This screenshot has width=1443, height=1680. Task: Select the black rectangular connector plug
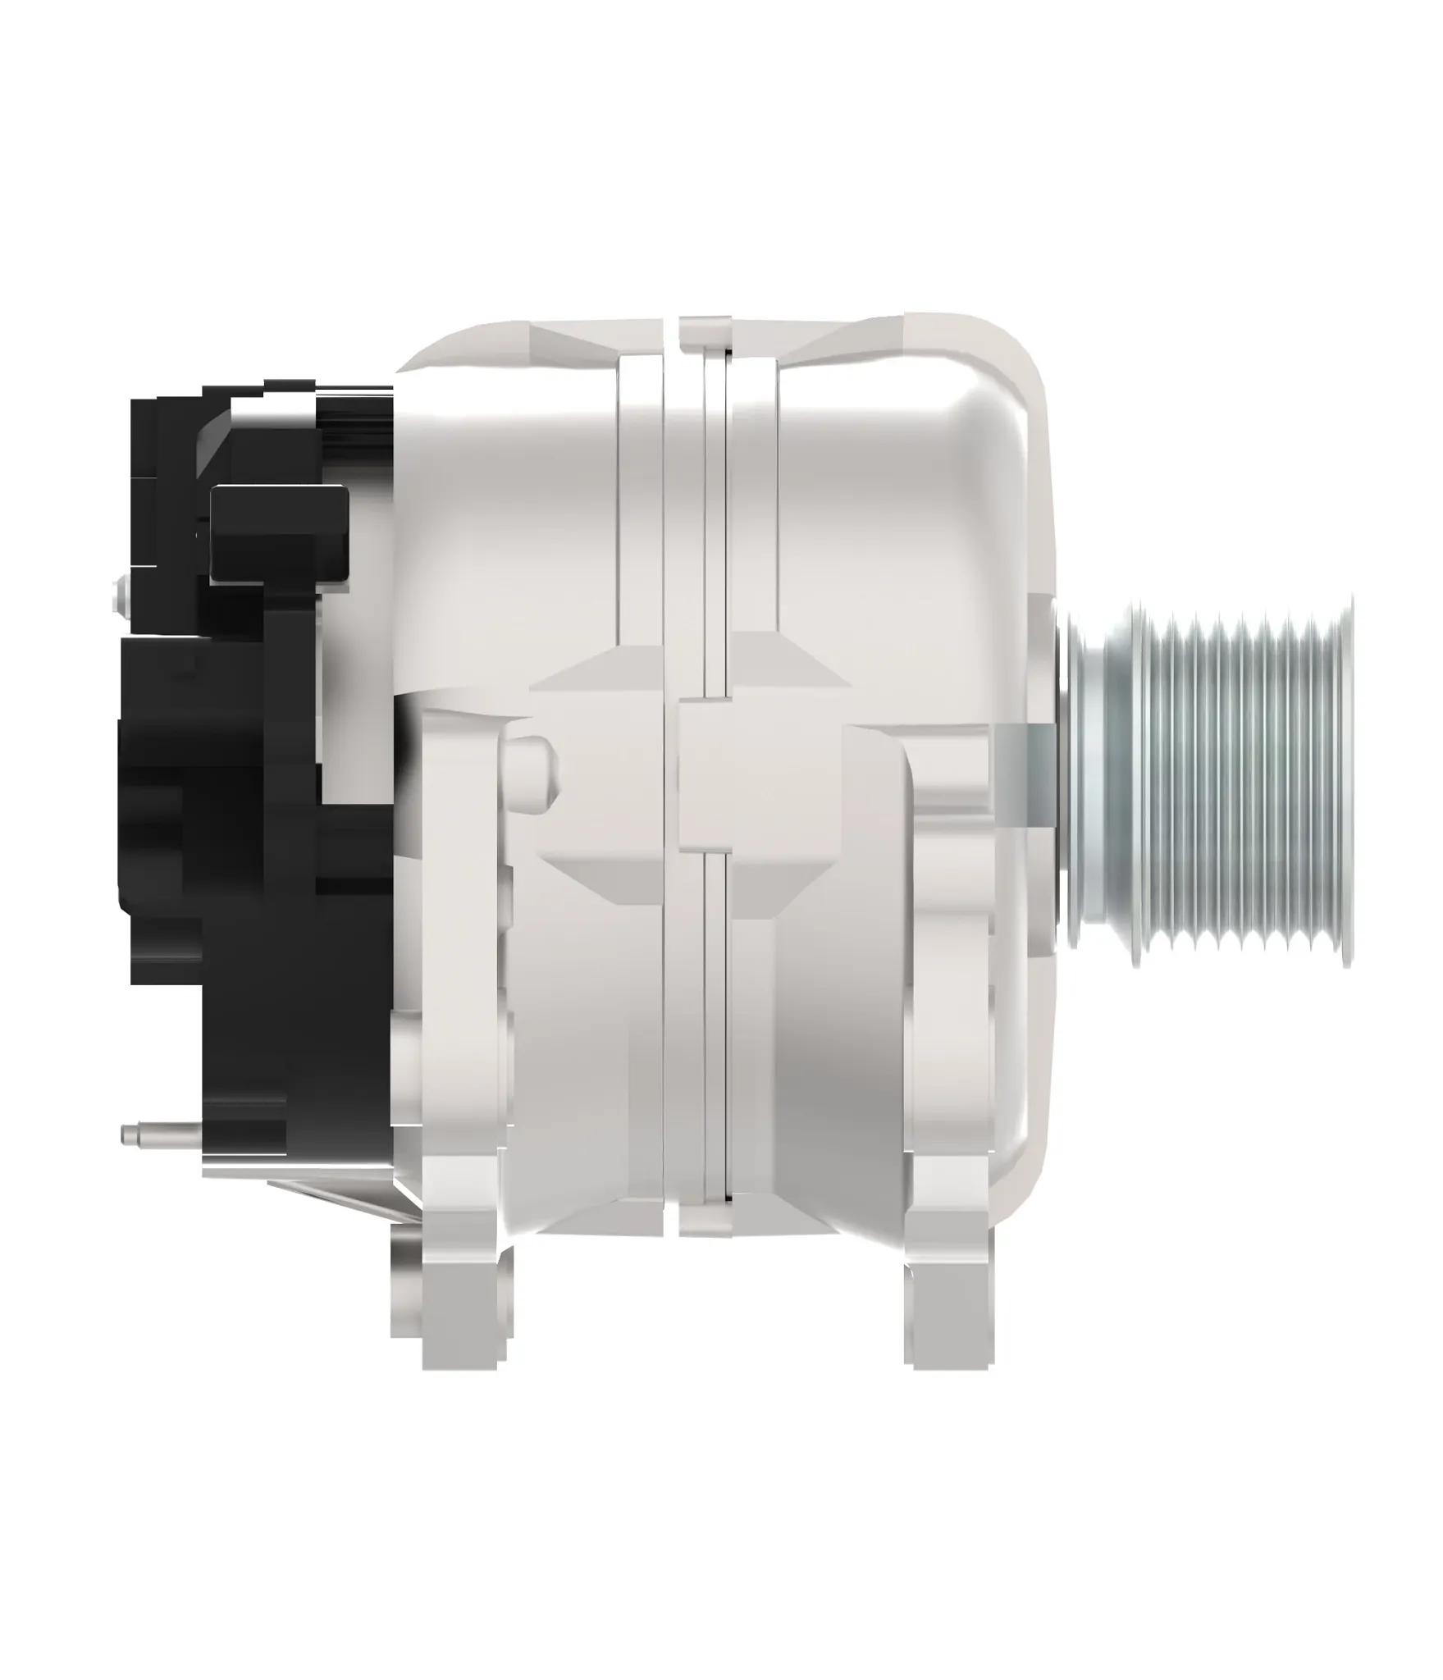279,533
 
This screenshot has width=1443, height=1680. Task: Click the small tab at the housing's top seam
705,328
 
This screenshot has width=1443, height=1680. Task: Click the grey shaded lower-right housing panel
820,1066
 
